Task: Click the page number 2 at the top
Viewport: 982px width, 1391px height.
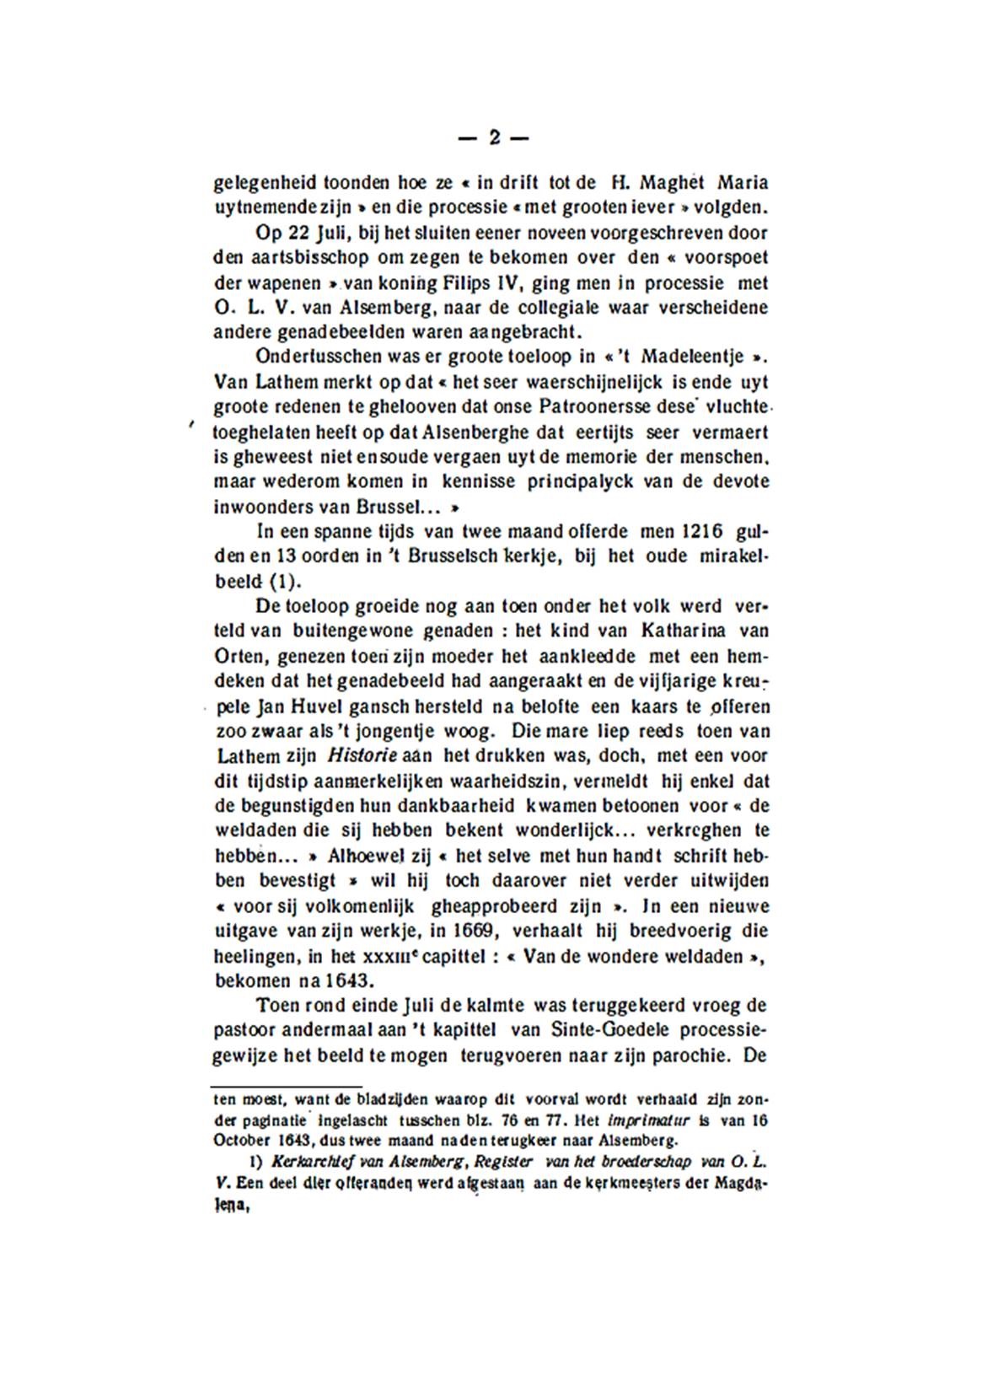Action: [x=494, y=137]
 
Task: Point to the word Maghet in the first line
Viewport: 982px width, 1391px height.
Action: [x=671, y=183]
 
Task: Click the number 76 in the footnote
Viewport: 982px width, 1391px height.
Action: [x=493, y=1121]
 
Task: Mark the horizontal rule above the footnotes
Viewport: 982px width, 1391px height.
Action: [x=286, y=1087]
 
